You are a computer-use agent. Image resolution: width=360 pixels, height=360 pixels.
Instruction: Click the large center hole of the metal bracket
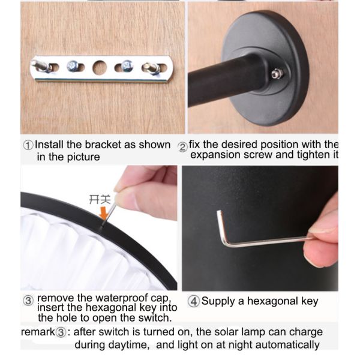100,67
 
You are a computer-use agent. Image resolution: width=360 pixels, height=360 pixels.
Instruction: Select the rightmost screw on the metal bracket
151,68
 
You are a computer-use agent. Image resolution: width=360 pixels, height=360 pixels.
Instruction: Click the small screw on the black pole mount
277,74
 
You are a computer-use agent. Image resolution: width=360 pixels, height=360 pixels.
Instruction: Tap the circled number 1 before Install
28,145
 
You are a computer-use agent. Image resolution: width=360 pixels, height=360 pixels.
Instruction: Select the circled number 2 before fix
183,145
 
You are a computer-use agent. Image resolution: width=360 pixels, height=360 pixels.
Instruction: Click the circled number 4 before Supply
194,301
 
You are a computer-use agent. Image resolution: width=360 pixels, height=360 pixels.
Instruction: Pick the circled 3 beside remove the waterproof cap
28,300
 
